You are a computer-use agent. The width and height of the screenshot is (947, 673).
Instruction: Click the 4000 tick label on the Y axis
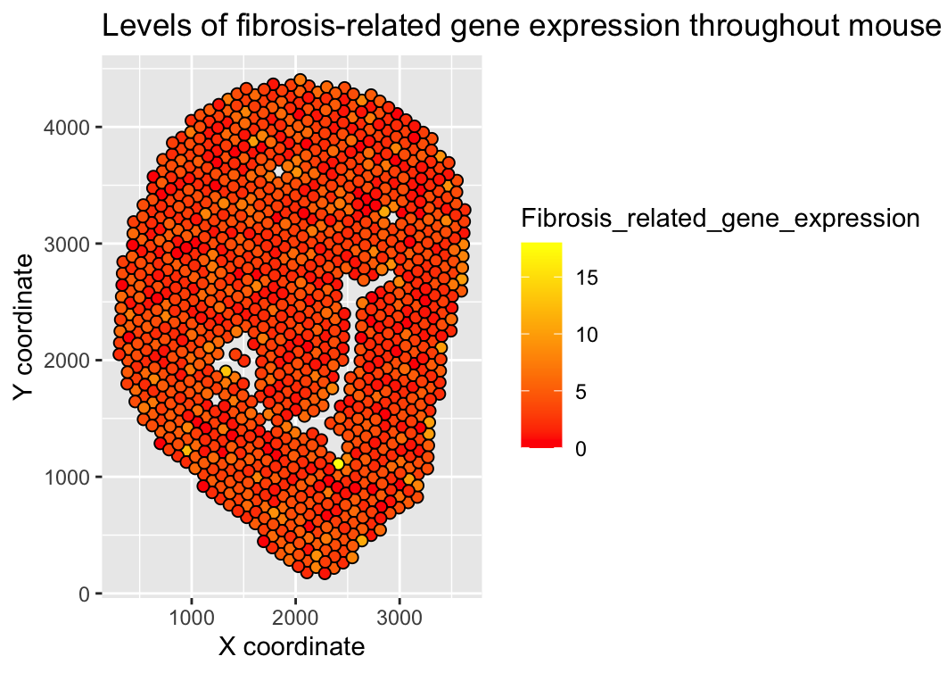pyautogui.click(x=66, y=128)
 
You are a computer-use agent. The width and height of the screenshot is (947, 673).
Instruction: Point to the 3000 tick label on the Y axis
pyautogui.click(x=66, y=245)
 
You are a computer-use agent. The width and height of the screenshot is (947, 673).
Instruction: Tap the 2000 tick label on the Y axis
pyautogui.click(x=66, y=361)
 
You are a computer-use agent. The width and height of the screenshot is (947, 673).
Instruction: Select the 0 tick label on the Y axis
pyautogui.click(x=84, y=594)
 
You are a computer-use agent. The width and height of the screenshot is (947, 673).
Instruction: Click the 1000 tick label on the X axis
pyautogui.click(x=192, y=618)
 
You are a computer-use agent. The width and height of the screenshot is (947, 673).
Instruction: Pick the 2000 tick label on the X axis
pyautogui.click(x=295, y=618)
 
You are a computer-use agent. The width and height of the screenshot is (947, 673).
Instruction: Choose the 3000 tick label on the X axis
pyautogui.click(x=399, y=618)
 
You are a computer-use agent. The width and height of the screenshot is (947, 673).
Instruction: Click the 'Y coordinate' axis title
pyautogui.click(x=23, y=327)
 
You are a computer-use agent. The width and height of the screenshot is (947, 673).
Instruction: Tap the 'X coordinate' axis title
pyautogui.click(x=292, y=647)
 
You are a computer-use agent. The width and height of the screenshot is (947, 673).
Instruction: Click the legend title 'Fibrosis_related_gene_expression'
pyautogui.click(x=721, y=219)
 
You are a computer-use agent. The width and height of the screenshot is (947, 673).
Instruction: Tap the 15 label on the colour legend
pyautogui.click(x=586, y=278)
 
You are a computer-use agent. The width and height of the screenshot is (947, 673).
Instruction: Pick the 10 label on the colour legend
pyautogui.click(x=586, y=335)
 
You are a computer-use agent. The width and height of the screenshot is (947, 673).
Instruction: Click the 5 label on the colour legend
pyautogui.click(x=581, y=392)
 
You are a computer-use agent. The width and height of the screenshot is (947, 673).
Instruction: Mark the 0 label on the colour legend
pyautogui.click(x=581, y=449)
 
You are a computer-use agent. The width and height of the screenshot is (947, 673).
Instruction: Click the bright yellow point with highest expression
pyautogui.click(x=338, y=464)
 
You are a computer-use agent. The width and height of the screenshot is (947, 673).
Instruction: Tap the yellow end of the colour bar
pyautogui.click(x=542, y=245)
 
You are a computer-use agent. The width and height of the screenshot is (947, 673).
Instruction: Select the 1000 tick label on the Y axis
pyautogui.click(x=66, y=478)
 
